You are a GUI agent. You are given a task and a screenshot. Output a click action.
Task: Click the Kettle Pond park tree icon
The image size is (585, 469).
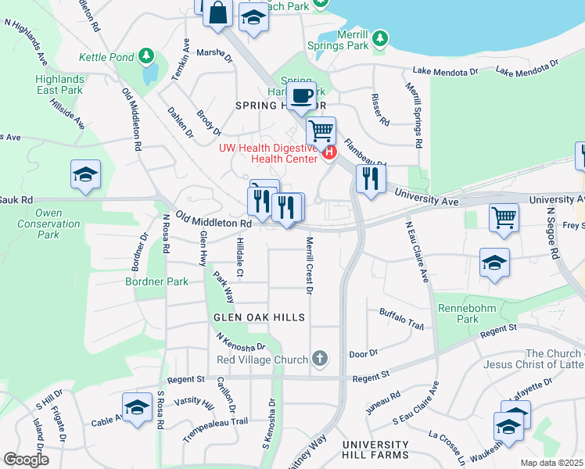146,56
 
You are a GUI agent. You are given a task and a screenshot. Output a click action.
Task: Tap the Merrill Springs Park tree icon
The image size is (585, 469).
379,38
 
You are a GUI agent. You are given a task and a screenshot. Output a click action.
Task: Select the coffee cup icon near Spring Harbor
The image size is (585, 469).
301,97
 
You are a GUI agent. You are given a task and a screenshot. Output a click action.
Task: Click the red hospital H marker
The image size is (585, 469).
329,152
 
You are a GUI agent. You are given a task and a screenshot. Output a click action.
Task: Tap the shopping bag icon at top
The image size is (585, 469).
219,13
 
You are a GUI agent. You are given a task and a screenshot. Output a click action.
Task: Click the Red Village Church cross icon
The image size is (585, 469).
318,359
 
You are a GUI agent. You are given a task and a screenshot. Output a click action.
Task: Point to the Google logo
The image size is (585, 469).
26,459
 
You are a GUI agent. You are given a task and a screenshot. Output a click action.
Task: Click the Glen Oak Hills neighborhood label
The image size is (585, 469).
257,317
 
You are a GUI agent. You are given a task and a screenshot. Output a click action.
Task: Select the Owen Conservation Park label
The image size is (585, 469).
48,224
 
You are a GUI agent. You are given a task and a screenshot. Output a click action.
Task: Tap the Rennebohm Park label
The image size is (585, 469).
467,313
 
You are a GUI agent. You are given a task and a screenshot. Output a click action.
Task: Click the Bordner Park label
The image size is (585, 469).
157,281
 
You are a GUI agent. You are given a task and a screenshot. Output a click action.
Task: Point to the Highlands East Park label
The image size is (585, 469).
59,84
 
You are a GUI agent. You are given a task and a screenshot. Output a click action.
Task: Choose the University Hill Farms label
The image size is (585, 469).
375,454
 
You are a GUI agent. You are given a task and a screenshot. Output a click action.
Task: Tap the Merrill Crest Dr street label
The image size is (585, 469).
309,266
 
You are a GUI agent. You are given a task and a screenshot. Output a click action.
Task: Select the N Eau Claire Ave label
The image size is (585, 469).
417,252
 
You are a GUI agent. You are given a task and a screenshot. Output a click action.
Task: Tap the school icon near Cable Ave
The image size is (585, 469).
138,407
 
